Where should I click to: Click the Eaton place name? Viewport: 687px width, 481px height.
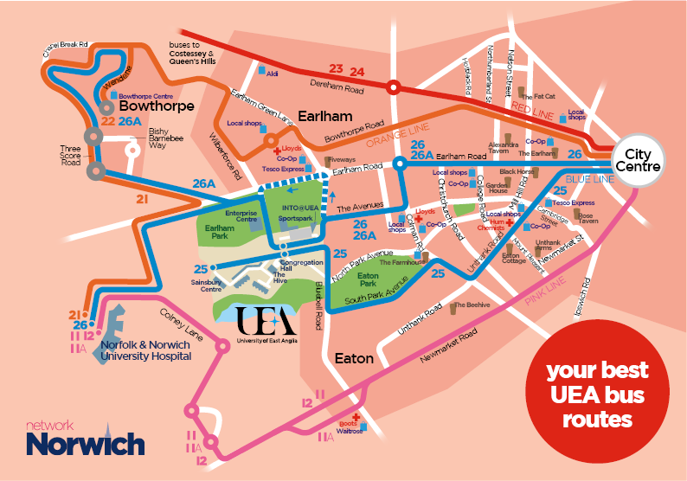(354, 357)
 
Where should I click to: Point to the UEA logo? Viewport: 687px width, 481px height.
(266, 322)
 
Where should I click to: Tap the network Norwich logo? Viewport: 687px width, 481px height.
(84, 439)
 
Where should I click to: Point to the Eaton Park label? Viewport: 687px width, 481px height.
(368, 279)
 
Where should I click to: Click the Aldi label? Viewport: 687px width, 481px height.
(273, 74)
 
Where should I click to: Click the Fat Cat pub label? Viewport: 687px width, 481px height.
(544, 96)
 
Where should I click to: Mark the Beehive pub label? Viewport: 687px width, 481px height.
(472, 305)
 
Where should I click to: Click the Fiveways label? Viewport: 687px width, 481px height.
(341, 159)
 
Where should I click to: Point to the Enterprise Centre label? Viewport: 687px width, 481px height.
(241, 215)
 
